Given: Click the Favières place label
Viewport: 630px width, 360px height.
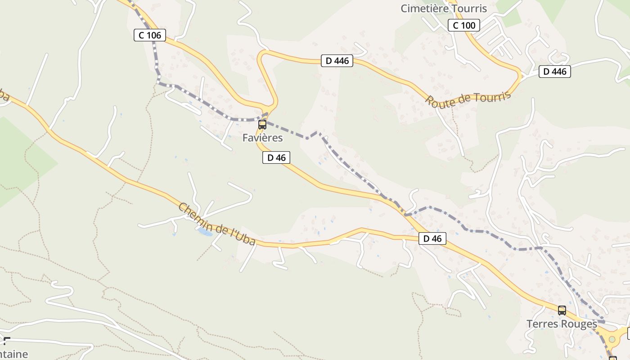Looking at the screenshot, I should click(x=262, y=138).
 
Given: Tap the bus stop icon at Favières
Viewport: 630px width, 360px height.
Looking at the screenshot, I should click(x=262, y=125).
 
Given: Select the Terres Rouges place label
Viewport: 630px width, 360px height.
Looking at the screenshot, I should click(x=562, y=324).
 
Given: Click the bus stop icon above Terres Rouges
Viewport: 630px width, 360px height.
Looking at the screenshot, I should click(x=562, y=310).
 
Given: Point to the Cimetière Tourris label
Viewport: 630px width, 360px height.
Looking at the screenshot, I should click(x=444, y=8).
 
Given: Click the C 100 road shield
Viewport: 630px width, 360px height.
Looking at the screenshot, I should click(x=464, y=25).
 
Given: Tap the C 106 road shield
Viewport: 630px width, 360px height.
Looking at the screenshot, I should click(x=150, y=35).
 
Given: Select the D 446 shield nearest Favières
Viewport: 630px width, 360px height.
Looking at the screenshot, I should click(x=337, y=61).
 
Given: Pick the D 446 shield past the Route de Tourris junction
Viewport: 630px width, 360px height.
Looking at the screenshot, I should click(x=555, y=71).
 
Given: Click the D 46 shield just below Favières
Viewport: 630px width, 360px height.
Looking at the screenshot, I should click(x=276, y=157).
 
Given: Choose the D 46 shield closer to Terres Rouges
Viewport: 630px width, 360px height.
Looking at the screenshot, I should click(x=432, y=238).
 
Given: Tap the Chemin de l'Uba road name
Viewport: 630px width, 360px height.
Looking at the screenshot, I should click(x=217, y=224).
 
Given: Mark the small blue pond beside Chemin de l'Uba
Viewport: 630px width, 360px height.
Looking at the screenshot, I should click(x=205, y=231).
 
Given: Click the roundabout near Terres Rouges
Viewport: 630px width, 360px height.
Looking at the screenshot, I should click(x=612, y=338).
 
